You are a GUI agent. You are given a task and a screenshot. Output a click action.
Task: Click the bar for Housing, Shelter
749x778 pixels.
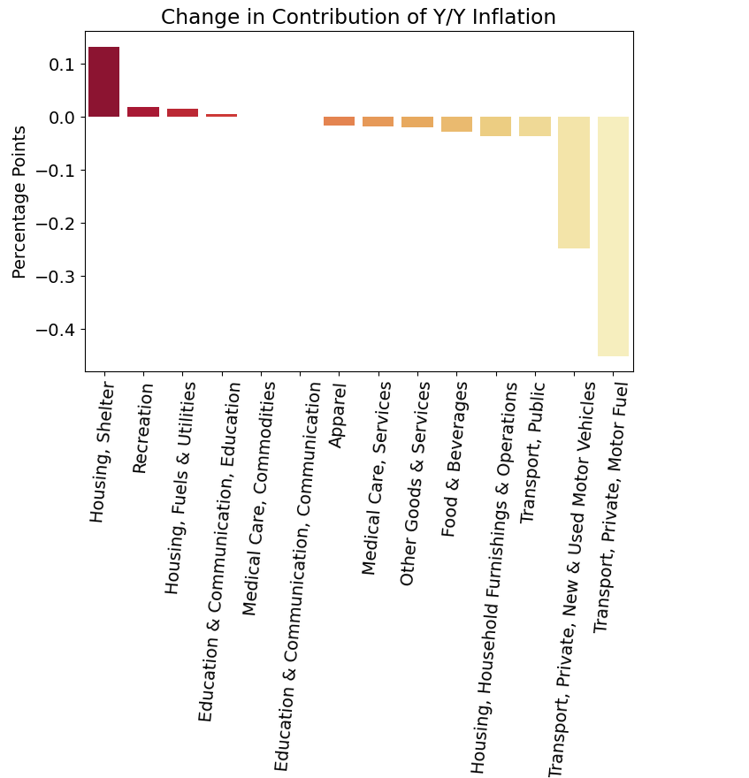[x=103, y=81]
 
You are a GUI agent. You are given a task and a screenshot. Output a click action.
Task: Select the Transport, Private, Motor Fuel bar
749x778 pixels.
[x=613, y=236]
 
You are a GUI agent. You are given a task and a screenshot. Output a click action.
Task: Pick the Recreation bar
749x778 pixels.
[x=143, y=112]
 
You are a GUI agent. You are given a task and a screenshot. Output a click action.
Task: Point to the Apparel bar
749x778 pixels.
[x=339, y=121]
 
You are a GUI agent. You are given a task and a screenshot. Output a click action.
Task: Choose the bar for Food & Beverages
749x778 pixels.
[x=456, y=124]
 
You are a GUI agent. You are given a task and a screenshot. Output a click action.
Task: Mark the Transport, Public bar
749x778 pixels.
[x=535, y=126]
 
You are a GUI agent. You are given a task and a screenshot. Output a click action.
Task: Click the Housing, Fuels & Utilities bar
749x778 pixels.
[x=182, y=113]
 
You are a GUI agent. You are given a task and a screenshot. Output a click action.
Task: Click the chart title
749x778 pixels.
[x=358, y=17]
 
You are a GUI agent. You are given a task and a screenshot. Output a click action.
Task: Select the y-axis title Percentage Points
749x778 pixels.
[x=19, y=202]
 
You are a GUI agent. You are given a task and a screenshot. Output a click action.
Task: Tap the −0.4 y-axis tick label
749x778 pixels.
[x=54, y=330]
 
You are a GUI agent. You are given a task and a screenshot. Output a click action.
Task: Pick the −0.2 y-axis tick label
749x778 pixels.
[x=54, y=224]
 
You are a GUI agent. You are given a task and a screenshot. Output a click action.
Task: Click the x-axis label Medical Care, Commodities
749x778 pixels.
[x=251, y=499]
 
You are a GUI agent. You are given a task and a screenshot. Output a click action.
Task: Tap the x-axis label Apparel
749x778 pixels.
[x=336, y=415]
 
